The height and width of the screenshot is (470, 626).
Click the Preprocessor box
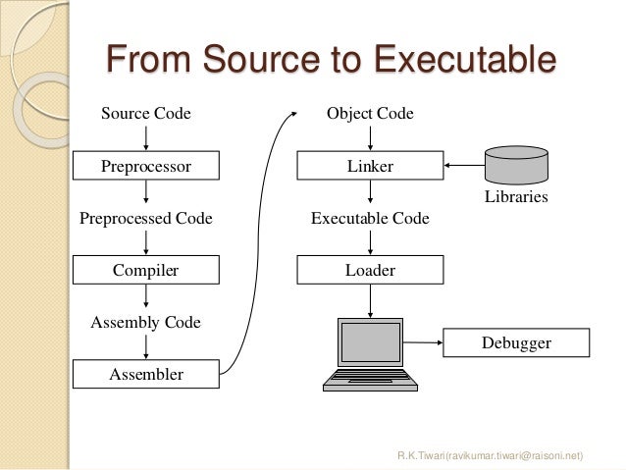[146, 167]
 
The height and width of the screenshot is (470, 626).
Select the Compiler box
[146, 270]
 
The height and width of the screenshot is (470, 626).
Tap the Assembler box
[146, 373]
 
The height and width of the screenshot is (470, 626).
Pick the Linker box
[370, 167]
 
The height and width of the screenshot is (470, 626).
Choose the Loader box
[370, 270]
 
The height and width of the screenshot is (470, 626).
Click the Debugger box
[516, 342]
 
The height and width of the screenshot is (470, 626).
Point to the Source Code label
[146, 114]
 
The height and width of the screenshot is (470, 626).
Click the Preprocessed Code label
[146, 219]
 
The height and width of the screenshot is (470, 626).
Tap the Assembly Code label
[146, 321]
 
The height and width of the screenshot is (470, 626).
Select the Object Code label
[370, 114]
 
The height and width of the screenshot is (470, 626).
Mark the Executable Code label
[370, 219]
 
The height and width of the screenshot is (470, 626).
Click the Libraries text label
[516, 198]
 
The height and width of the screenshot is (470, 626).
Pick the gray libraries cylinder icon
[516, 163]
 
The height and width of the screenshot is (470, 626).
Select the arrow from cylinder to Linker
[464, 165]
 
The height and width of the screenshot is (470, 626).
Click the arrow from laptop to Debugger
[423, 342]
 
